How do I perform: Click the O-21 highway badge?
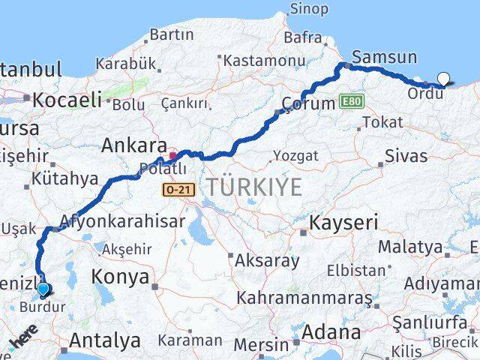[x=178, y=190]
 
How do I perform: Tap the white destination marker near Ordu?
[x=444, y=78]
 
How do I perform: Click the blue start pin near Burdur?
[x=43, y=289]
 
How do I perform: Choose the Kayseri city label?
[x=344, y=222]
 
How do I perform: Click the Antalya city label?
[x=107, y=341]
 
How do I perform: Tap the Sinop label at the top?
[x=310, y=9]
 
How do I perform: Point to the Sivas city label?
[x=405, y=156]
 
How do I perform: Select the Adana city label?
[x=330, y=331]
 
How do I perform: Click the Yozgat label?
[x=296, y=155]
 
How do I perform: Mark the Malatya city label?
[x=410, y=246]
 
